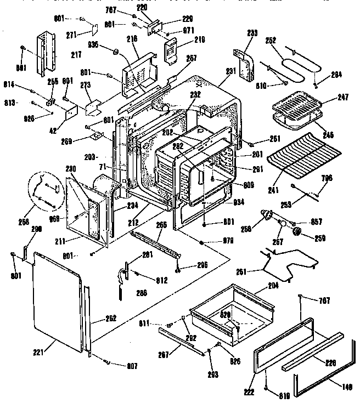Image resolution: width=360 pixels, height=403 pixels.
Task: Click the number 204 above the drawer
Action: click(273, 285)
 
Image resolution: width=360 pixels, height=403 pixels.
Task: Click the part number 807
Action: click(132, 366)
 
